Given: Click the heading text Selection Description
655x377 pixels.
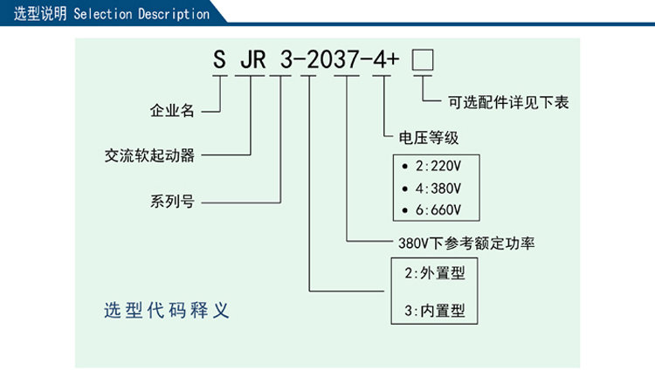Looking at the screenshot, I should pos(141,14).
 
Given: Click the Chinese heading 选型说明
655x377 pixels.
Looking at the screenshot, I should pos(38,14).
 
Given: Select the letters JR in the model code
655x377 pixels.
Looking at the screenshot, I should pos(251,60).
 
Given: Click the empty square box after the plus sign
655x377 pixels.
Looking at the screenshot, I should pos(423,60).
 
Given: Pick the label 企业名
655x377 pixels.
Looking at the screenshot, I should pos(171,111).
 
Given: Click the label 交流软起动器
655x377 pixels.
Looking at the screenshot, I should pos(149,156).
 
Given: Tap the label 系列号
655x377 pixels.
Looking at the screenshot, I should pos(171,202).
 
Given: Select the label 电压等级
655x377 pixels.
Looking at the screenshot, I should pos(428,138).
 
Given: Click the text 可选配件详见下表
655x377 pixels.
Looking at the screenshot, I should pos(508,103).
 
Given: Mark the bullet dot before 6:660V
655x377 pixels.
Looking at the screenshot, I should pos(404,209).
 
